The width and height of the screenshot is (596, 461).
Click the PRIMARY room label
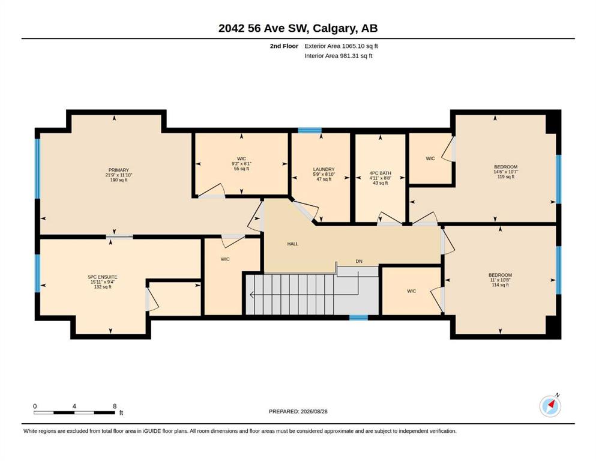(x=119, y=170)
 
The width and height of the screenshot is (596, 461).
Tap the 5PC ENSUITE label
(x=103, y=277)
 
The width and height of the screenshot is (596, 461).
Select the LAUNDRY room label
(x=324, y=169)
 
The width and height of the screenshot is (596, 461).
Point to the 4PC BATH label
(x=380, y=173)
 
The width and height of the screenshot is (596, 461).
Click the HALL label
(x=293, y=244)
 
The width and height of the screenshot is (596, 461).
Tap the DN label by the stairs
(x=359, y=262)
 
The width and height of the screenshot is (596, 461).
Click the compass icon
(x=550, y=406)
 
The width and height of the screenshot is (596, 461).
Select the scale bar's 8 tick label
(x=115, y=406)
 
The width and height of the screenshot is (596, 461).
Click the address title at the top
(x=298, y=28)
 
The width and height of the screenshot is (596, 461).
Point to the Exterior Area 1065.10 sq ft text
(x=341, y=46)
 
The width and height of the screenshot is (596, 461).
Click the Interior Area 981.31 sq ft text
(x=339, y=56)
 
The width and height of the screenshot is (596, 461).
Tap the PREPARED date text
(x=298, y=411)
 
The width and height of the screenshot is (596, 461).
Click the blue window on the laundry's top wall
(x=310, y=130)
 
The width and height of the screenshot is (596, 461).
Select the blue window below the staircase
(x=358, y=318)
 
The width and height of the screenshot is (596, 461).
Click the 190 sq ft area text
(x=119, y=180)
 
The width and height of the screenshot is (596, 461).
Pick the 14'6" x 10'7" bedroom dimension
(x=505, y=172)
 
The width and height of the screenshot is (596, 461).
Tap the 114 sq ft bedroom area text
(x=500, y=285)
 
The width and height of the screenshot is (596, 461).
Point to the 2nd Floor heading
(x=284, y=46)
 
